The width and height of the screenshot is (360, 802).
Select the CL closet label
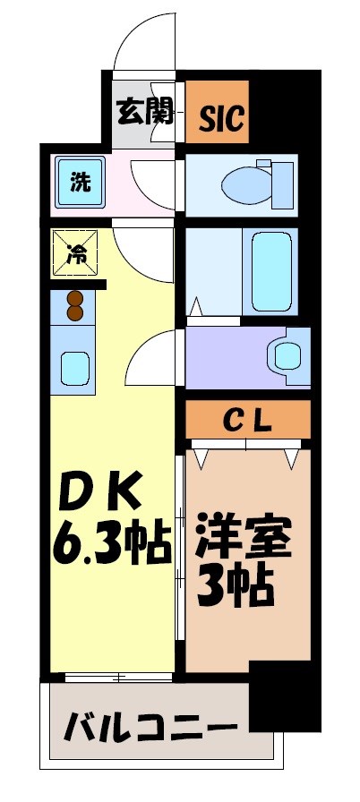(x=248, y=419)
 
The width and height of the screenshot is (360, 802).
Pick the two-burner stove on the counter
(x=74, y=305)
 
